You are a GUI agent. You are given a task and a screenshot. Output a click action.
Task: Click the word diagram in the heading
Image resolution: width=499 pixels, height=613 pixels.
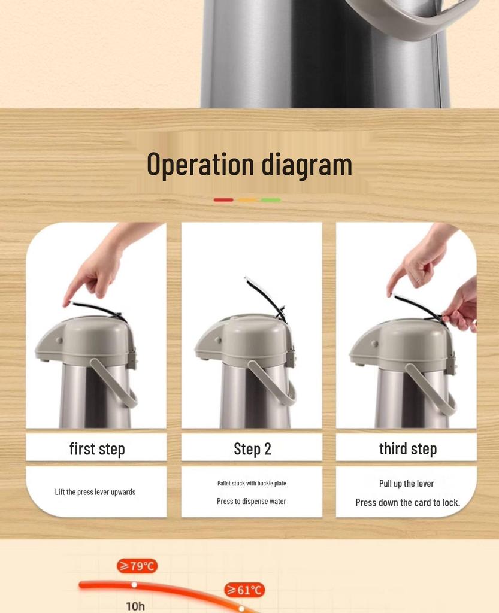[307, 166]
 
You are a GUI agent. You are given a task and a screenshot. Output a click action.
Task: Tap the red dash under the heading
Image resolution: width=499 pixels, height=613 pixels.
[223, 200]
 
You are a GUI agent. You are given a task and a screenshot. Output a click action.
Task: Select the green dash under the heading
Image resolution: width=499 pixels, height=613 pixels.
[271, 200]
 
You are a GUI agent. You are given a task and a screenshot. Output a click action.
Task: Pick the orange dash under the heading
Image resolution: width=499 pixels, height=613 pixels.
[247, 200]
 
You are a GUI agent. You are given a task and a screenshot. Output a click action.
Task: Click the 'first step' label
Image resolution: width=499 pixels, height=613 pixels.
[97, 449]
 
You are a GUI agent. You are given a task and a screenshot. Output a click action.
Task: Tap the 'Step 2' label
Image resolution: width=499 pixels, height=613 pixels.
[252, 449]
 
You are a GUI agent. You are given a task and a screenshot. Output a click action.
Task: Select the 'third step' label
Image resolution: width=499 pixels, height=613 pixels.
[408, 449]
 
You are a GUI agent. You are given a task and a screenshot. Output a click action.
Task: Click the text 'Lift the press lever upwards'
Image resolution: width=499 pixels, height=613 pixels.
[95, 492]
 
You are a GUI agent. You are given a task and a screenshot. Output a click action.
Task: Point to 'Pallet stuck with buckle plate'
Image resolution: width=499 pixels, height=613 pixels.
[252, 483]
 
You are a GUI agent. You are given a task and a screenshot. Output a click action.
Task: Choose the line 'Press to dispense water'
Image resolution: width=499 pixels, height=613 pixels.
[252, 501]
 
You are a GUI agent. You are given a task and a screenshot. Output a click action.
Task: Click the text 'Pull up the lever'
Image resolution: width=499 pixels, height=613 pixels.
[406, 484]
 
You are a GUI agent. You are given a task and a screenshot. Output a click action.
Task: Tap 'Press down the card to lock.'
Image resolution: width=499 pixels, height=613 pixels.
[407, 502]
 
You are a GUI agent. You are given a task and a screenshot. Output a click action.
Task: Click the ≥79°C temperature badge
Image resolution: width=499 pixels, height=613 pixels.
[137, 566]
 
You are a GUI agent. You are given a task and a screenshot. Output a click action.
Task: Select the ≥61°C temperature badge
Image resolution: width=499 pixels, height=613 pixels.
[244, 590]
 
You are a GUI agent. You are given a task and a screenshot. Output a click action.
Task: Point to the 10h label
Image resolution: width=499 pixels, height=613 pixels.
[135, 606]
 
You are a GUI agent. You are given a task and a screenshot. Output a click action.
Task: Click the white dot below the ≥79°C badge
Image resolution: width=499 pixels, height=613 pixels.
[134, 584]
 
